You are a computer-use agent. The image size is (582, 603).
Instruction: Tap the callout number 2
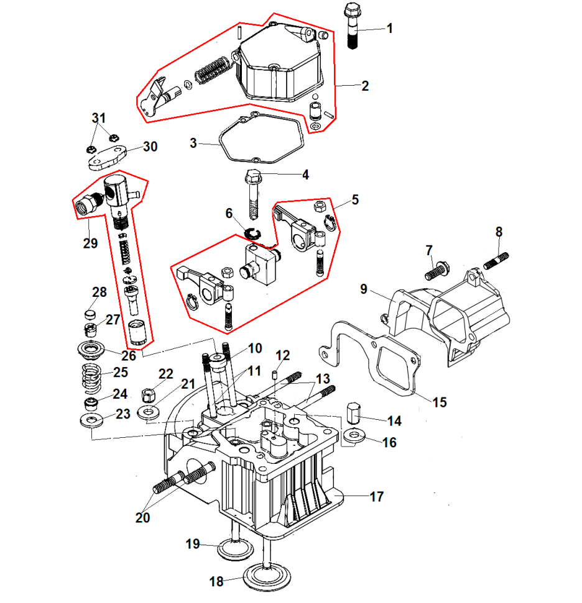pos(365,86)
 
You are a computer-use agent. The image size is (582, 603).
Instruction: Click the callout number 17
pos(377,497)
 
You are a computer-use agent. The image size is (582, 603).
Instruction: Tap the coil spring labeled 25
pos(91,378)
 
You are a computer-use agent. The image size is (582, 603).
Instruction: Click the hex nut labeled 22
pos(149,395)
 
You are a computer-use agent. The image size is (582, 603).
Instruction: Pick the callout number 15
pos(440,402)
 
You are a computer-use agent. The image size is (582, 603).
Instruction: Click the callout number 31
pos(99,118)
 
